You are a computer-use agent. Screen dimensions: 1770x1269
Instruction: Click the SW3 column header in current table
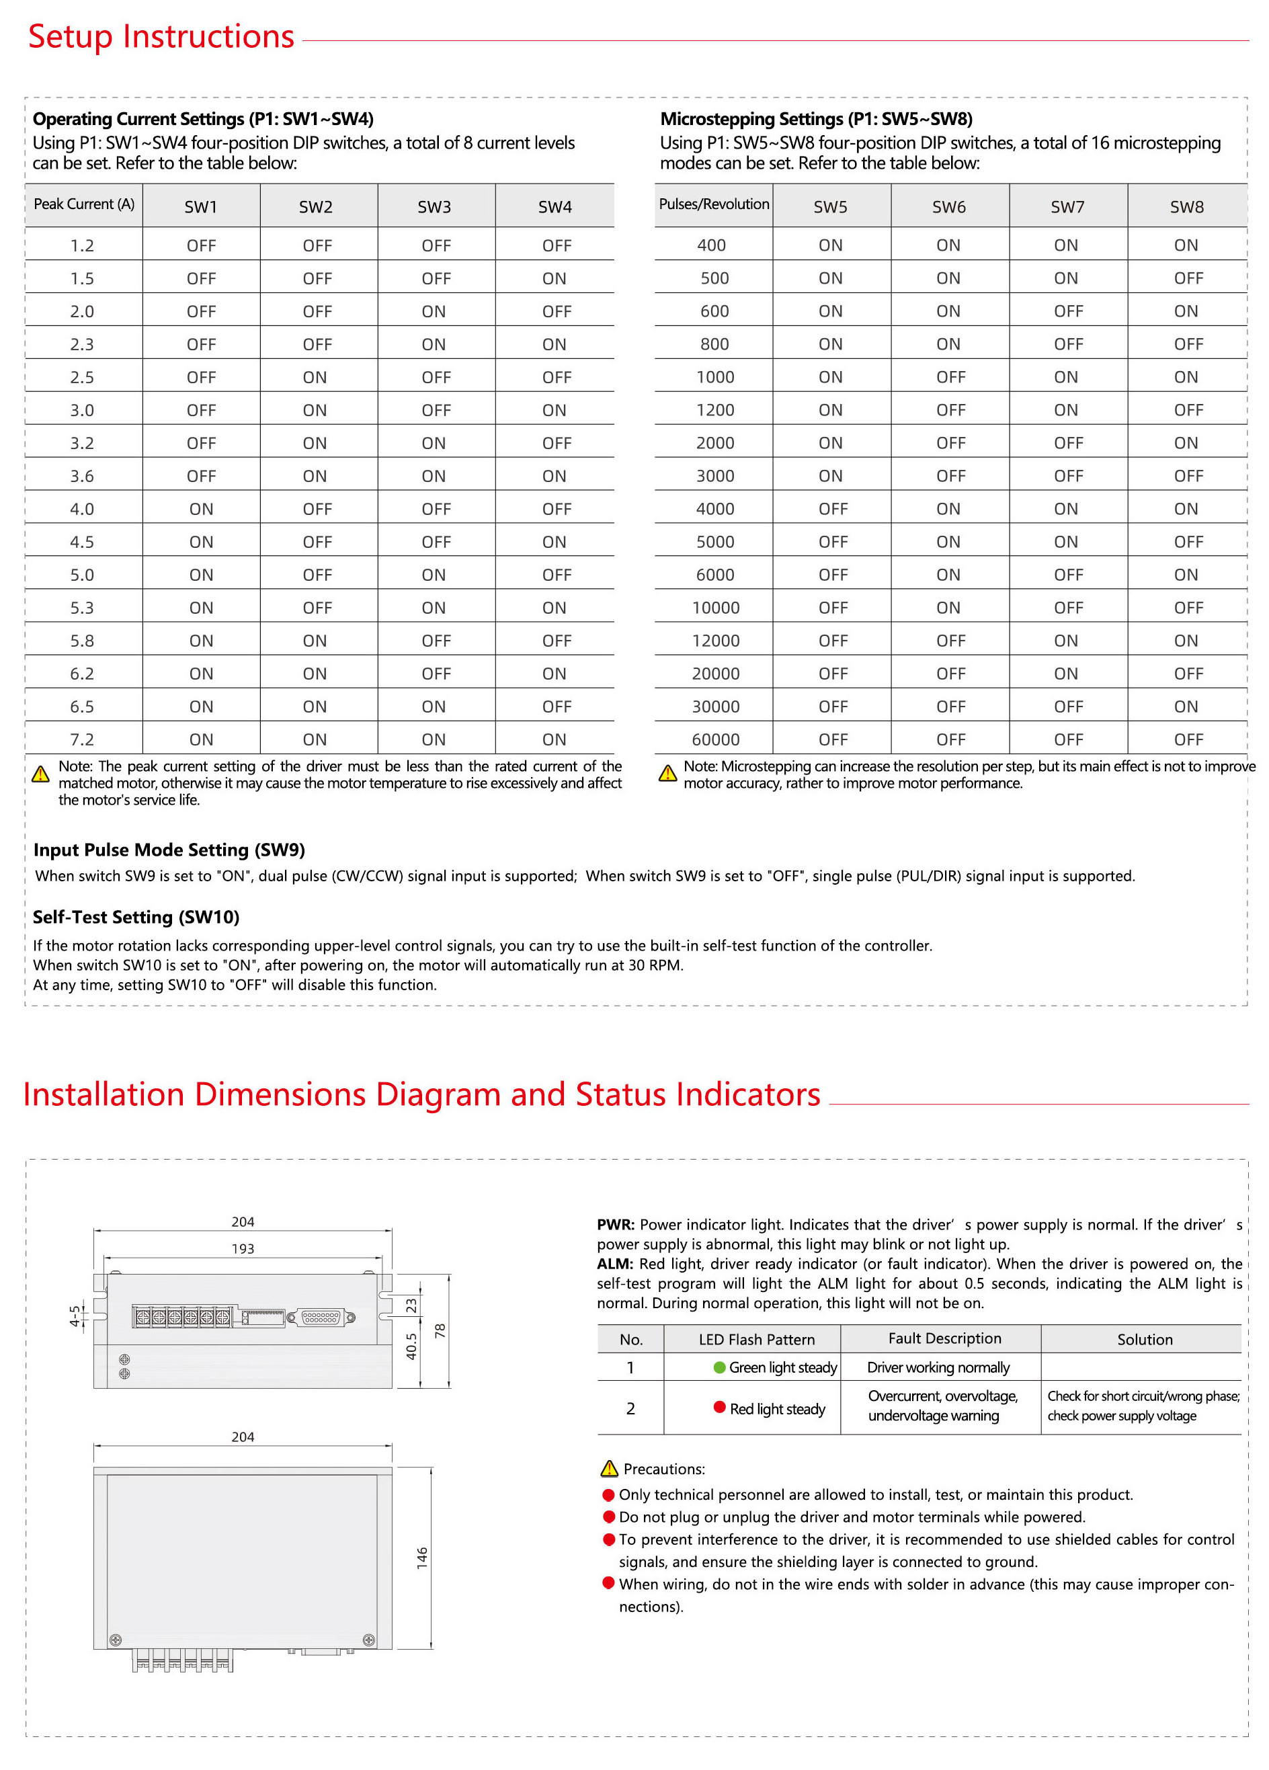tap(434, 207)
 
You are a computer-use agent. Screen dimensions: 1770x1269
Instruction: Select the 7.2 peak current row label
tap(82, 739)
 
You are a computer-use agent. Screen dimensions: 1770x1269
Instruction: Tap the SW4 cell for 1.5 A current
tap(554, 278)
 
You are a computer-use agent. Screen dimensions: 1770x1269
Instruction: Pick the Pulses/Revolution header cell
tap(713, 204)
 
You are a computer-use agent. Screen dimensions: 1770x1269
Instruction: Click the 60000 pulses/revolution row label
tap(715, 739)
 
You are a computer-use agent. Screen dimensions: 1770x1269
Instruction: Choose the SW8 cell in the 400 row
tap(1186, 245)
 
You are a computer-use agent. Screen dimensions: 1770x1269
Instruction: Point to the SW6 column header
tap(948, 207)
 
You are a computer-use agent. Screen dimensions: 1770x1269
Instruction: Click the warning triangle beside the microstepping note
tap(667, 773)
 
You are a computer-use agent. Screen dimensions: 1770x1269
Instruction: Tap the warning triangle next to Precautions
tap(609, 1469)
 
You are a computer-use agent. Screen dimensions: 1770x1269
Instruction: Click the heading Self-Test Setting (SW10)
tap(136, 917)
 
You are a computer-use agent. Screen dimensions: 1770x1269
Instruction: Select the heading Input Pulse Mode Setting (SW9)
tap(169, 850)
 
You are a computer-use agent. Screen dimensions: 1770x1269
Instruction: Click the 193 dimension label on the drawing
tap(243, 1248)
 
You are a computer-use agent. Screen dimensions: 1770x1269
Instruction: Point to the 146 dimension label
tap(422, 1558)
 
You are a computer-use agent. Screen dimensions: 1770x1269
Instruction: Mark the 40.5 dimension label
tap(411, 1346)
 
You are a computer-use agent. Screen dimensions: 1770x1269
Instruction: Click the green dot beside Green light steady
tap(720, 1367)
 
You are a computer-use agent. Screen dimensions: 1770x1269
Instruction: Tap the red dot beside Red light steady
tap(720, 1407)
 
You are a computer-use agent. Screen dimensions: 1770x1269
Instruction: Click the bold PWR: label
tap(616, 1225)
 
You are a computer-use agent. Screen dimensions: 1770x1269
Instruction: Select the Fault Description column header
tap(944, 1338)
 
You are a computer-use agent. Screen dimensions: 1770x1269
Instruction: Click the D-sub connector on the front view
tap(321, 1318)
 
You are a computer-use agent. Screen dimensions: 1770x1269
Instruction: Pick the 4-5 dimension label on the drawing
tap(74, 1316)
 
